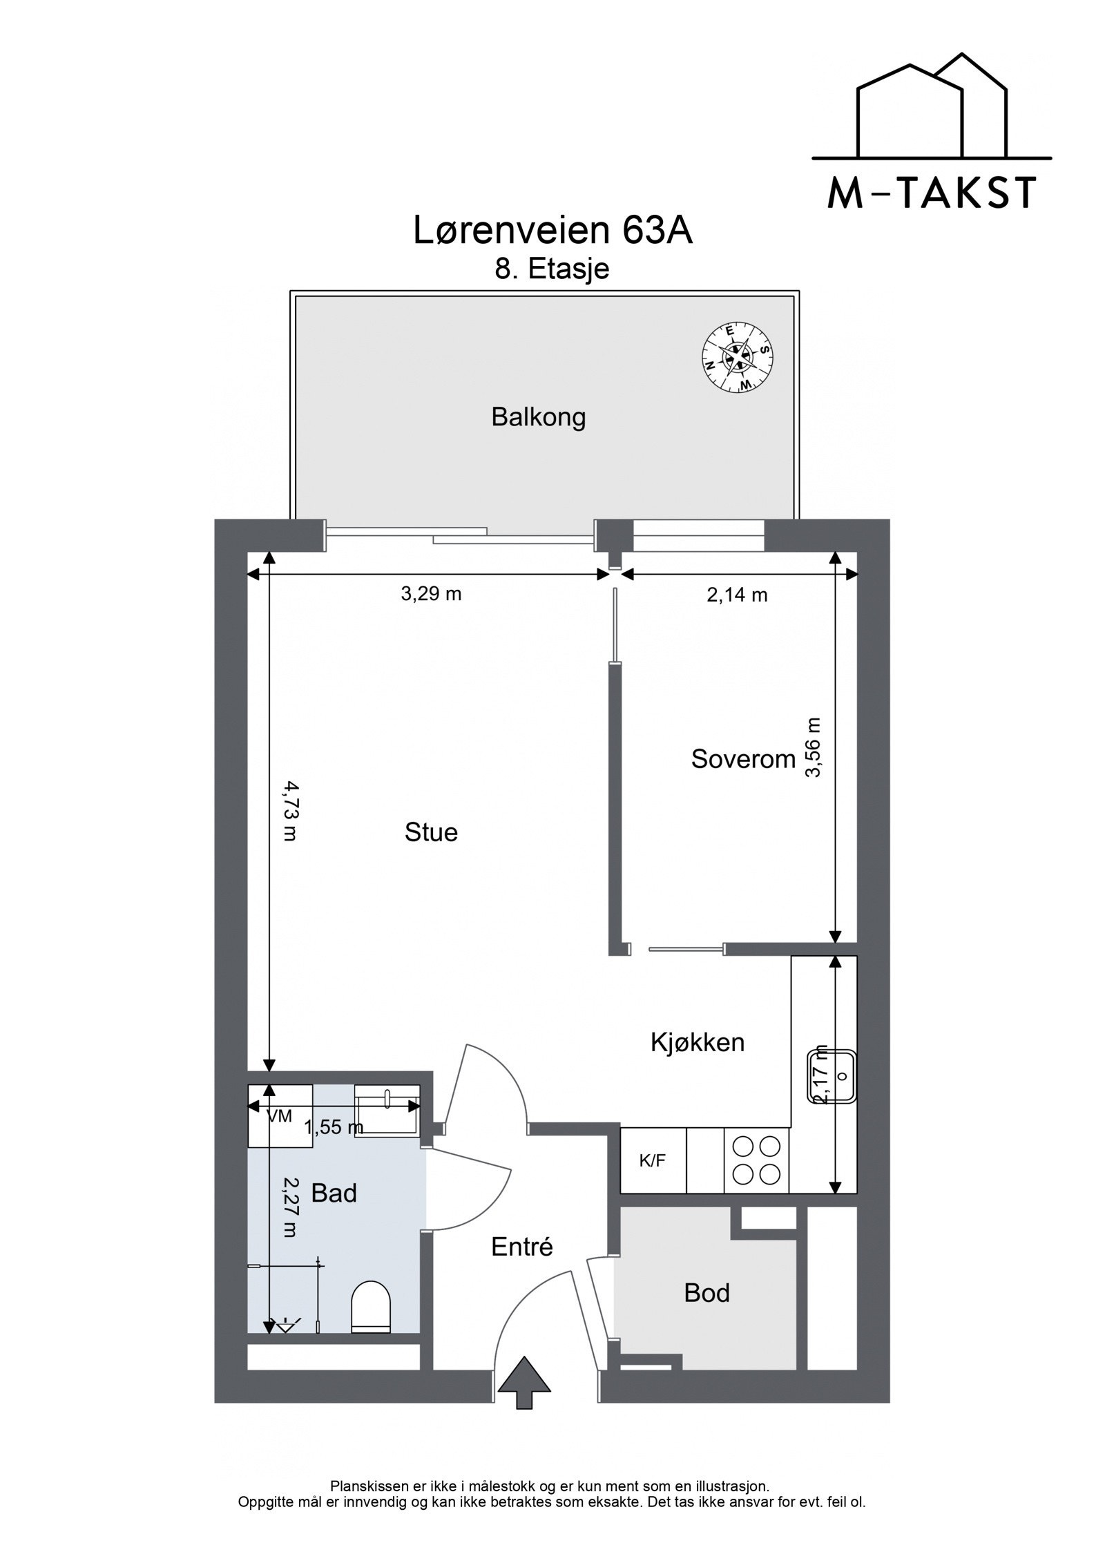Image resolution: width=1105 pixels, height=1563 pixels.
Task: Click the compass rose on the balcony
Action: [x=737, y=358]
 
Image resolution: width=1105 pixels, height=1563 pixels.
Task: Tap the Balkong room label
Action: [x=538, y=417]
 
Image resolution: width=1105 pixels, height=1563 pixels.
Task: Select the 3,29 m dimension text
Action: [x=431, y=593]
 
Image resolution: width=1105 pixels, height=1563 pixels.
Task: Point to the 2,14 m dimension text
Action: [x=737, y=594]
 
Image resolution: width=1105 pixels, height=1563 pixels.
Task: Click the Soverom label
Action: [x=743, y=759]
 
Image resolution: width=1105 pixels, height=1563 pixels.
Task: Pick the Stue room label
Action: [x=431, y=832]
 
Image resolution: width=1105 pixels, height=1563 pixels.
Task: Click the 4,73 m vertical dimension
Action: [x=289, y=811]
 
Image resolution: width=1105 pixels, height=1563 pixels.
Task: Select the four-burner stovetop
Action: [x=756, y=1160]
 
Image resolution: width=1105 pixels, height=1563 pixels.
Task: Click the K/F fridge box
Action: [x=652, y=1160]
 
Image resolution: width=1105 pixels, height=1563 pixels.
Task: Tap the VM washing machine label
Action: [x=279, y=1116]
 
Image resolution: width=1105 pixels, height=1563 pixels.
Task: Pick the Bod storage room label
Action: [x=707, y=1292]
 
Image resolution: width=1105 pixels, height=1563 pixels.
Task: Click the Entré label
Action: [x=522, y=1247]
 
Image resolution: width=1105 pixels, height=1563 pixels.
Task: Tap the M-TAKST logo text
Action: [x=931, y=193]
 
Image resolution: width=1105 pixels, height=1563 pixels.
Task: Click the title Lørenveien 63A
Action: [x=552, y=231]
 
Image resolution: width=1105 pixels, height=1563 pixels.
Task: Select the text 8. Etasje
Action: [x=552, y=269]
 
